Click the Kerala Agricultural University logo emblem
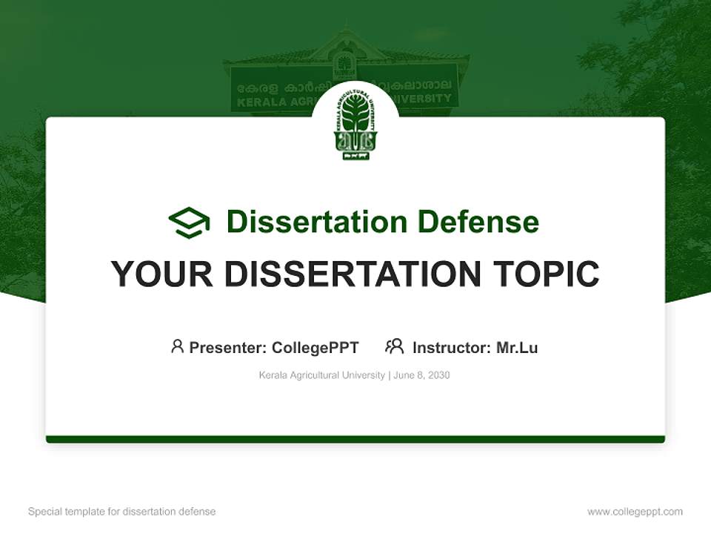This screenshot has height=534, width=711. coord(355,125)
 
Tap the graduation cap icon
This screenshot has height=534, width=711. coord(189,222)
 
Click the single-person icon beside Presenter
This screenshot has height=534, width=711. coord(177,346)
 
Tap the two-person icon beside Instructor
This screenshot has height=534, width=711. coord(394,346)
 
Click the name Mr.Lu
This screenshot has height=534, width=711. coord(517,347)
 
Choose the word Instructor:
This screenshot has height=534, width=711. coord(451,347)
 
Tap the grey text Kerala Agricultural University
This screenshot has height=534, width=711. coord(321,375)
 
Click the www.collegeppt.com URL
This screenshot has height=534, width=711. coord(635,512)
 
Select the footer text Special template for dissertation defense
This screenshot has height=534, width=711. coord(121,512)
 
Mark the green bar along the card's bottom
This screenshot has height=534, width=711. coord(355,439)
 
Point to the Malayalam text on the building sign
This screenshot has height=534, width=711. coord(274,88)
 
